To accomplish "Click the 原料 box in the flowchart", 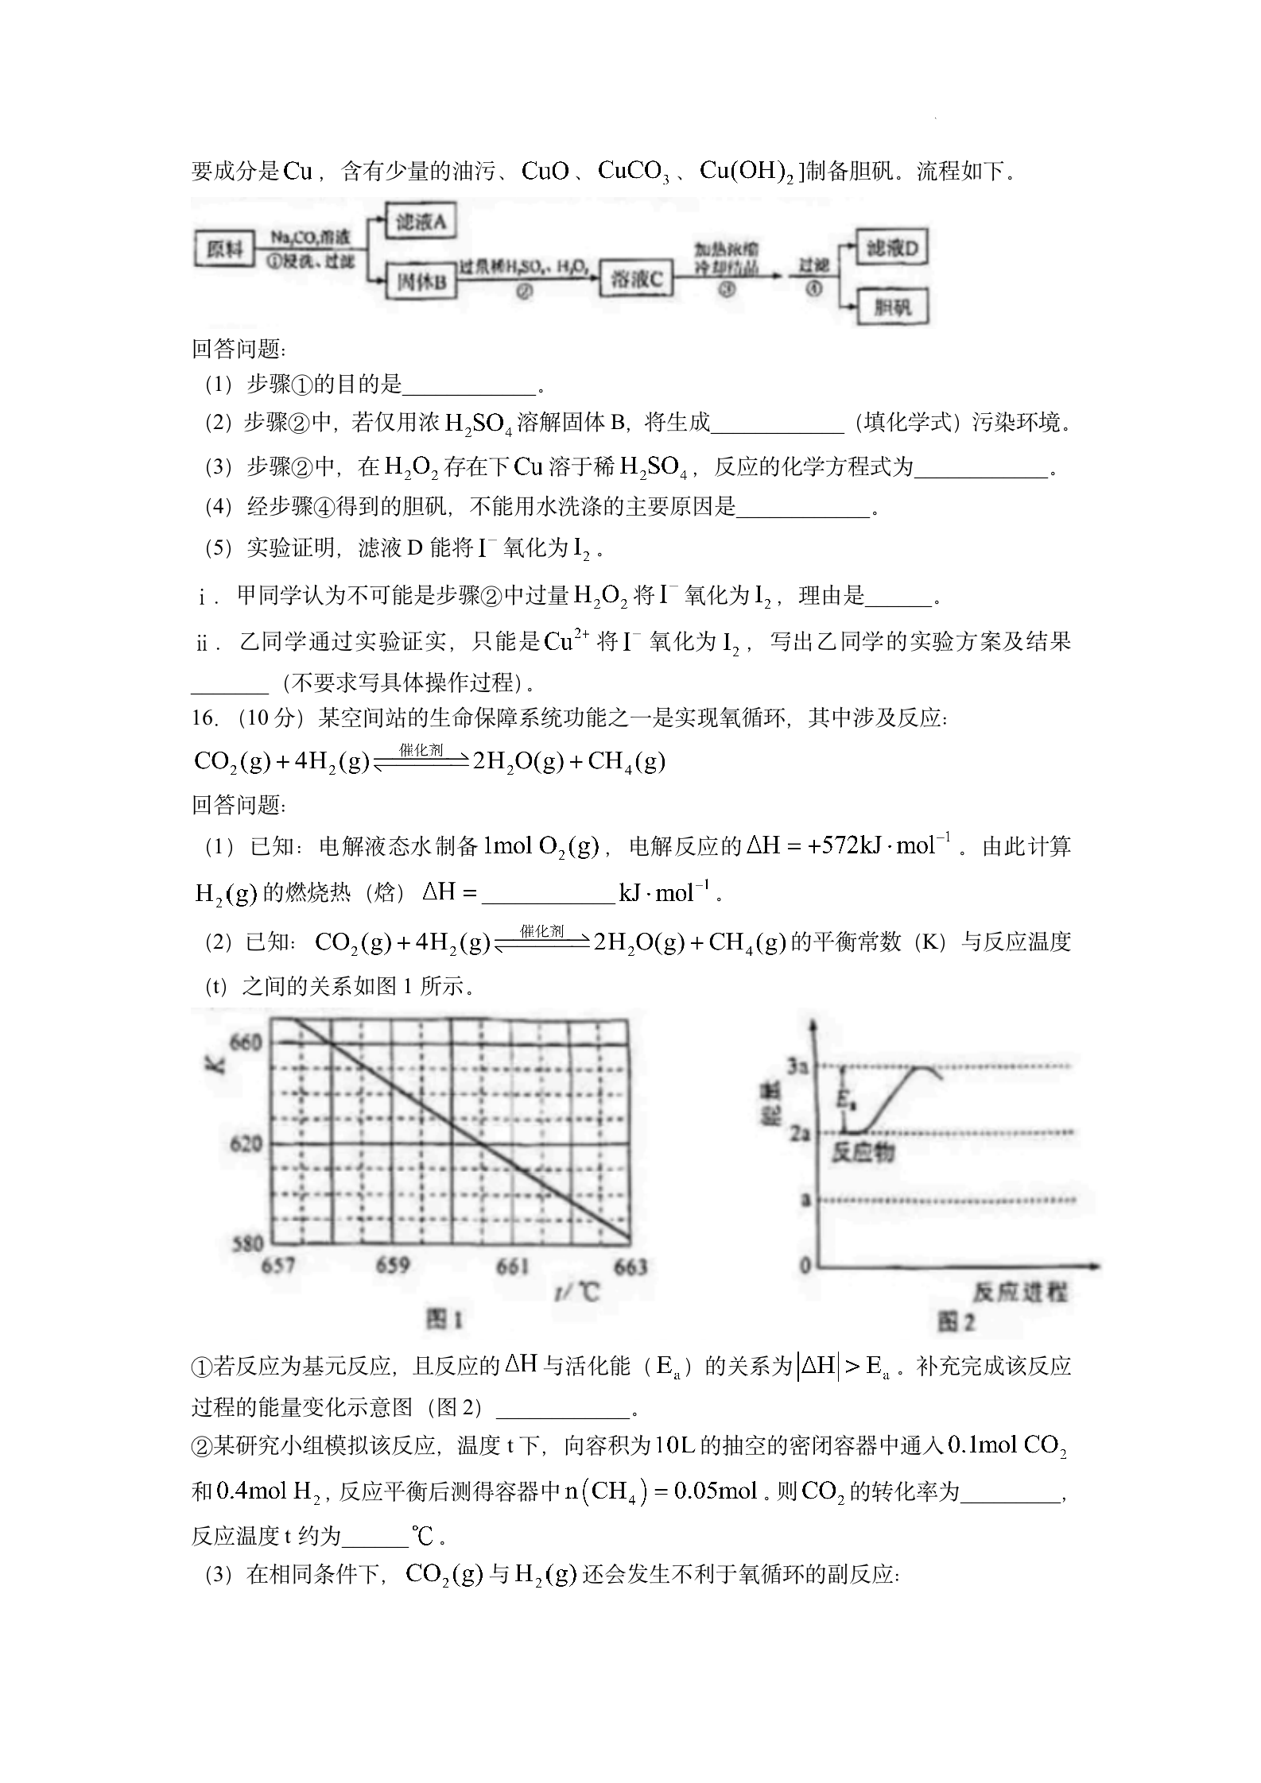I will click(x=223, y=249).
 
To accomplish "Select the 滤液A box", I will click(x=421, y=222).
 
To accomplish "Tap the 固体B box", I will click(x=421, y=281).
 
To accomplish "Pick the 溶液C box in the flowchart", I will click(x=636, y=279).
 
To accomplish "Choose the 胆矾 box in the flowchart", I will click(x=891, y=307).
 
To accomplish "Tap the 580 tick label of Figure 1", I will click(x=246, y=1244).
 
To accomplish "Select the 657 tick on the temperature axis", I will click(x=277, y=1265).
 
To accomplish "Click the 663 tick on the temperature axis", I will click(x=630, y=1267).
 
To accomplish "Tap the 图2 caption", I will click(x=955, y=1322).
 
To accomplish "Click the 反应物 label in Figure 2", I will click(x=863, y=1152).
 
